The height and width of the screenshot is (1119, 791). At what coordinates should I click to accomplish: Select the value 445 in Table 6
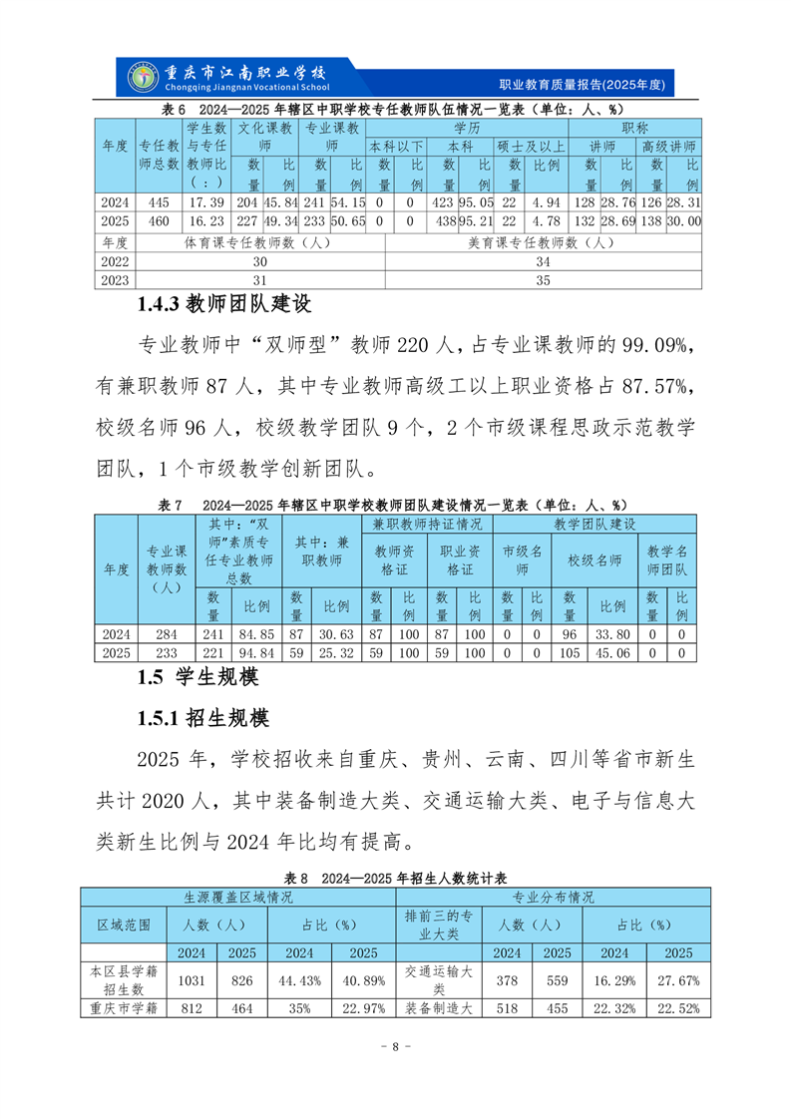[158, 202]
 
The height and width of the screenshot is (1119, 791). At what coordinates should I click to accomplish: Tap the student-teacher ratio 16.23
[206, 220]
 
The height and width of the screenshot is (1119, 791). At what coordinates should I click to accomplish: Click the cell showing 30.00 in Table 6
[684, 220]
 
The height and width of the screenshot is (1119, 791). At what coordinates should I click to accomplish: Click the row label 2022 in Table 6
[115, 260]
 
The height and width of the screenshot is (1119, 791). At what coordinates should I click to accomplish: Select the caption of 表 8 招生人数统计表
[396, 878]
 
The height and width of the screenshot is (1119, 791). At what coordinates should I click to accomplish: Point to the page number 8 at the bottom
[395, 1046]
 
